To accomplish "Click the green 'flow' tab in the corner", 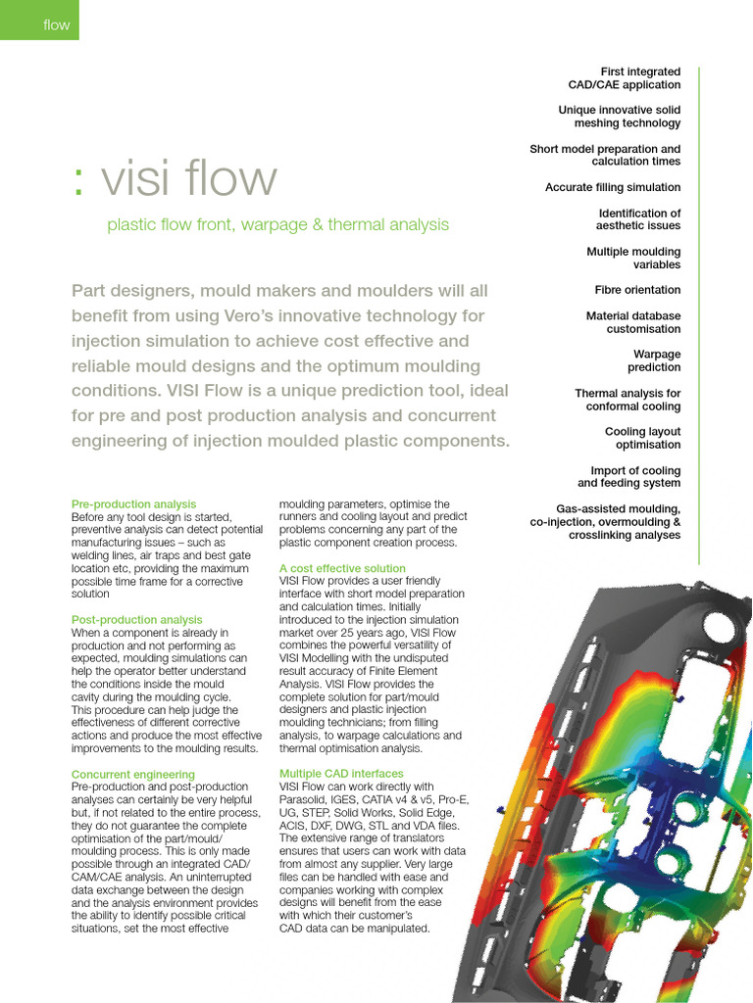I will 39,21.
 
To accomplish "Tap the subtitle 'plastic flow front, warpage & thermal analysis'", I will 277,225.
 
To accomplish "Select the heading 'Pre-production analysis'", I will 133,504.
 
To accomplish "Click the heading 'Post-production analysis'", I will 137,620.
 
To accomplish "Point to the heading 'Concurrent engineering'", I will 133,775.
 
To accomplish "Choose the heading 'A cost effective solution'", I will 342,568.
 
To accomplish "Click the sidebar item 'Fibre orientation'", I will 637,291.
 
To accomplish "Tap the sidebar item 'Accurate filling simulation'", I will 613,187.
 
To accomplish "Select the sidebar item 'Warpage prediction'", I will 654,360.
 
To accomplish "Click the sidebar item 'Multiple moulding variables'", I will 633,259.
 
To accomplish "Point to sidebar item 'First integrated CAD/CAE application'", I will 625,78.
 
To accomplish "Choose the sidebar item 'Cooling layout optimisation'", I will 642,438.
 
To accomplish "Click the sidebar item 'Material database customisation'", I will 633,322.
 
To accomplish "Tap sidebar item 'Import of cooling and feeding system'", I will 628,477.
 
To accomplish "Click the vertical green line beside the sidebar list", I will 699,313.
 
